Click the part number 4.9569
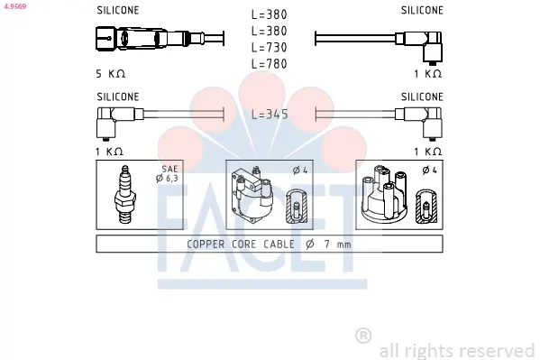tap(15, 6)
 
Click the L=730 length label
tap(270, 47)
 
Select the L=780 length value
tap(270, 64)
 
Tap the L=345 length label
tap(270, 115)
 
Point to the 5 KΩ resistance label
tap(111, 74)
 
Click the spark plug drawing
tap(125, 195)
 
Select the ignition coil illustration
tap(253, 195)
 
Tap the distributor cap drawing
tap(384, 194)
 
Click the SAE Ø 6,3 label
tap(168, 173)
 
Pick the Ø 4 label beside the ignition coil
tap(300, 170)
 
